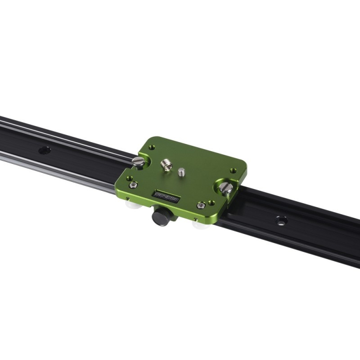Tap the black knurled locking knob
tap(161, 216)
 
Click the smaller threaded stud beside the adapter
tap(181, 171)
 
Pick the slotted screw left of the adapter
tap(138, 161)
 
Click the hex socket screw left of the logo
tap(133, 184)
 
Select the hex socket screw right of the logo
tap(201, 205)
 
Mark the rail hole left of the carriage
tap(45, 150)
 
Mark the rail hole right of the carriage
tap(282, 220)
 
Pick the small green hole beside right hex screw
tap(211, 203)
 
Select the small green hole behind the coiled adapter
tap(152, 147)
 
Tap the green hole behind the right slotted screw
tap(233, 171)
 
